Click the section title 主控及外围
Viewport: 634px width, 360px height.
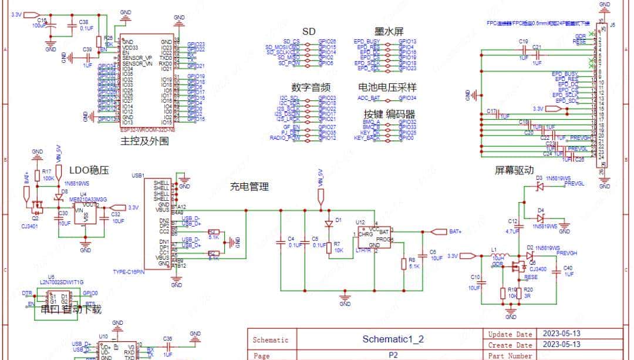(x=144, y=142)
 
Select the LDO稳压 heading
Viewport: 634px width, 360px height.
(x=89, y=170)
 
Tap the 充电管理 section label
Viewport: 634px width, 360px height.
(x=249, y=187)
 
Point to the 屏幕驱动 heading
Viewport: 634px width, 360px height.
(x=514, y=171)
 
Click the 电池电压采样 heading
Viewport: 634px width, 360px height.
(x=387, y=87)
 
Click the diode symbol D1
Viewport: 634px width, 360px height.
(x=329, y=224)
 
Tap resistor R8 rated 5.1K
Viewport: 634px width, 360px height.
(x=403, y=263)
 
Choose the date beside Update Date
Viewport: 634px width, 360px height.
(x=562, y=334)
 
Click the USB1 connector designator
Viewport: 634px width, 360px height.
(x=139, y=176)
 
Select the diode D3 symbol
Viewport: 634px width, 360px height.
(x=539, y=186)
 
